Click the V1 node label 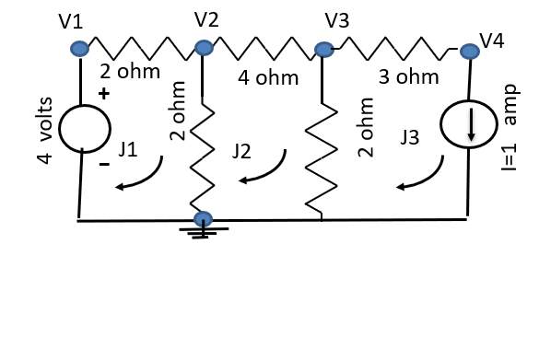[73, 21]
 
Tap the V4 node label [492, 41]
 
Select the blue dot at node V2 [204, 47]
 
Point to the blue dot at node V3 [323, 49]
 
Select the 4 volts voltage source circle [86, 128]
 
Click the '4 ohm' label [268, 78]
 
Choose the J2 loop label [241, 151]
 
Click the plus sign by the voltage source [104, 93]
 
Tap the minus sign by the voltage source [104, 165]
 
